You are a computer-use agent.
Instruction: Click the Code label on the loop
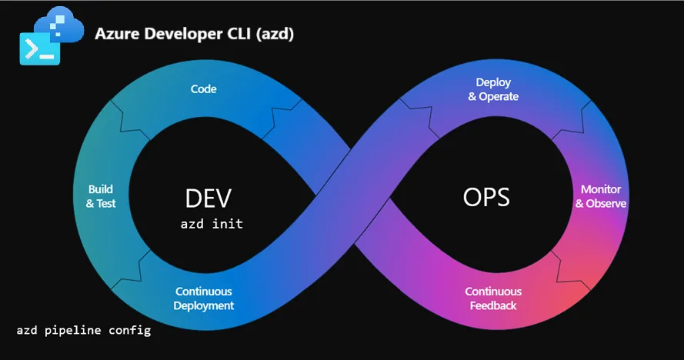[204, 89]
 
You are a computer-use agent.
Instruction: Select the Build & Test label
[101, 196]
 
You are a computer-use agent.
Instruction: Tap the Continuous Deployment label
[204, 298]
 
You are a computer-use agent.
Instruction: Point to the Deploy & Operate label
[493, 89]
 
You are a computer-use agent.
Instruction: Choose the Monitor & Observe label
[601, 196]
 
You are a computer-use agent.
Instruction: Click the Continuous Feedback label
[493, 298]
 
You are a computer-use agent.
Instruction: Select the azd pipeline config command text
[84, 331]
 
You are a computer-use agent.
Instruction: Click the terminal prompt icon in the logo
[38, 48]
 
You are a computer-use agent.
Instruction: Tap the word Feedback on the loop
[493, 305]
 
